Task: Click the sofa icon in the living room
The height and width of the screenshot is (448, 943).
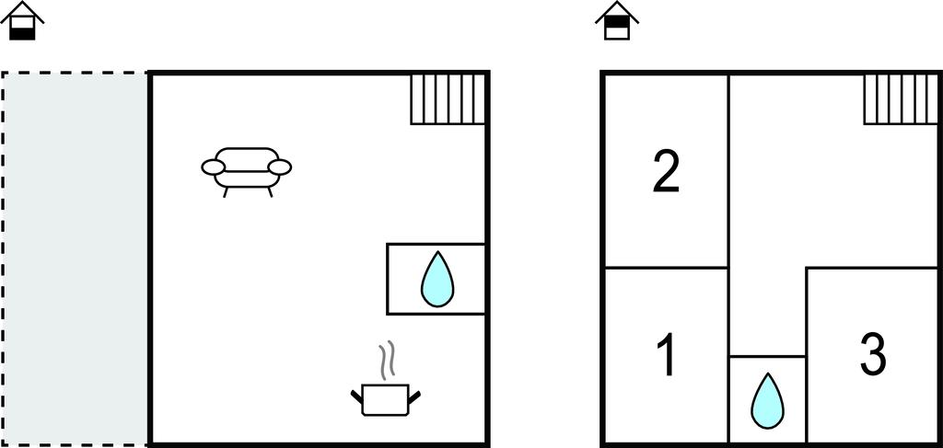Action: click(x=246, y=172)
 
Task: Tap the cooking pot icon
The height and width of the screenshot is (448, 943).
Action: click(x=386, y=400)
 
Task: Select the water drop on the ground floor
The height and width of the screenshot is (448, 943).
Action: click(x=437, y=279)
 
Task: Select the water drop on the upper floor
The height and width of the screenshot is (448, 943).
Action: click(x=768, y=400)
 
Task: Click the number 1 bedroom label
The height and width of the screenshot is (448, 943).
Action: click(x=667, y=355)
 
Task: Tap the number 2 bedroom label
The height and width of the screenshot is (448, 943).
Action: click(x=667, y=172)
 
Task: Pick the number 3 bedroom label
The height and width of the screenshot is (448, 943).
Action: click(x=872, y=354)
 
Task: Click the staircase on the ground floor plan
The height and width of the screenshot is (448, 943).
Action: click(x=448, y=99)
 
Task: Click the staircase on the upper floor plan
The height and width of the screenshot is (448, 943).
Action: click(x=901, y=99)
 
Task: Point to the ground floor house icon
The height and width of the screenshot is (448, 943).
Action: click(x=22, y=21)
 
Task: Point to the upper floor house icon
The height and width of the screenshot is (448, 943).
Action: click(x=617, y=21)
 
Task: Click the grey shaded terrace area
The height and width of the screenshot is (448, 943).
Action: click(x=75, y=258)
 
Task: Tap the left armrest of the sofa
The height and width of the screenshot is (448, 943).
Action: click(x=213, y=167)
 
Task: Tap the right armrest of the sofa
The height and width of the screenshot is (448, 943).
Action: click(x=280, y=167)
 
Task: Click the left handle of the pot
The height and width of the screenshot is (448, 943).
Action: click(x=356, y=396)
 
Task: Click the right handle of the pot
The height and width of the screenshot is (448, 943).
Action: click(x=414, y=396)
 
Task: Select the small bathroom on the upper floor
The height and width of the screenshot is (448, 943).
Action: click(x=767, y=399)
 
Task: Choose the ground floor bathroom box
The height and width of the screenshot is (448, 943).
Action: click(x=436, y=279)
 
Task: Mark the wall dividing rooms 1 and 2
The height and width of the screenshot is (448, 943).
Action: click(x=666, y=268)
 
